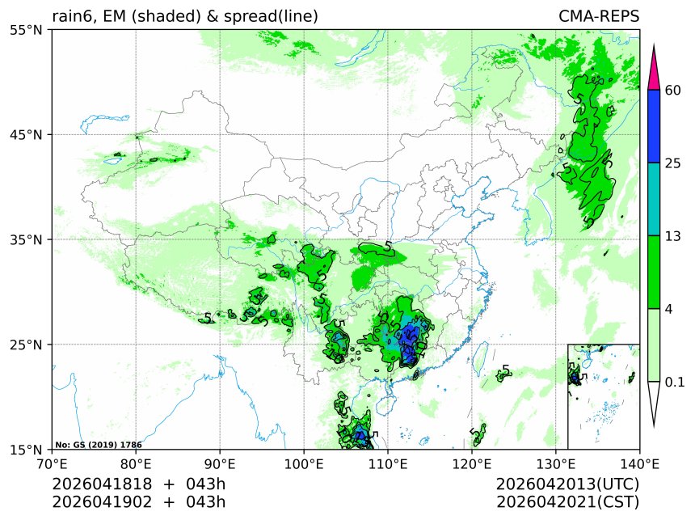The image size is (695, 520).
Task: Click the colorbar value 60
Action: (x=672, y=90)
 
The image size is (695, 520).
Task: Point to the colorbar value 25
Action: (x=672, y=163)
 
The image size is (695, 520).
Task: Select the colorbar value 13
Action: (x=672, y=236)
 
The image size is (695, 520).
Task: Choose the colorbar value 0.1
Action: (x=675, y=382)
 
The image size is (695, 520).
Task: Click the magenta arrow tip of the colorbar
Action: (x=655, y=65)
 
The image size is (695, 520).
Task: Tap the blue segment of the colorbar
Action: (x=655, y=126)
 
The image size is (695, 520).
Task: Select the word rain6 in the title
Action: (x=71, y=16)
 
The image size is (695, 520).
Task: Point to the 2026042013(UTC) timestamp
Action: (x=567, y=484)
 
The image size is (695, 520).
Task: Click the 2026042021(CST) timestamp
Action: (x=567, y=502)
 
